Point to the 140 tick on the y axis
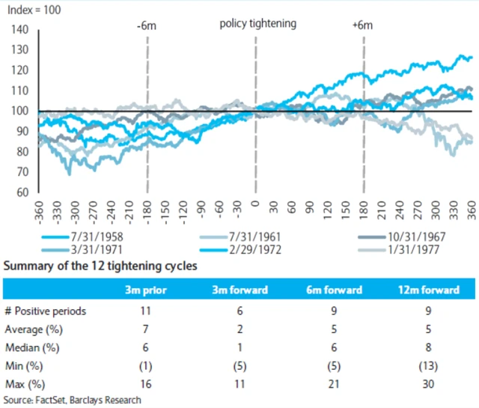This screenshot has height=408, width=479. coord(20,30)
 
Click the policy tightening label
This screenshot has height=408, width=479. coord(257,23)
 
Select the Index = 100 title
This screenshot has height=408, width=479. coord(36,9)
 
